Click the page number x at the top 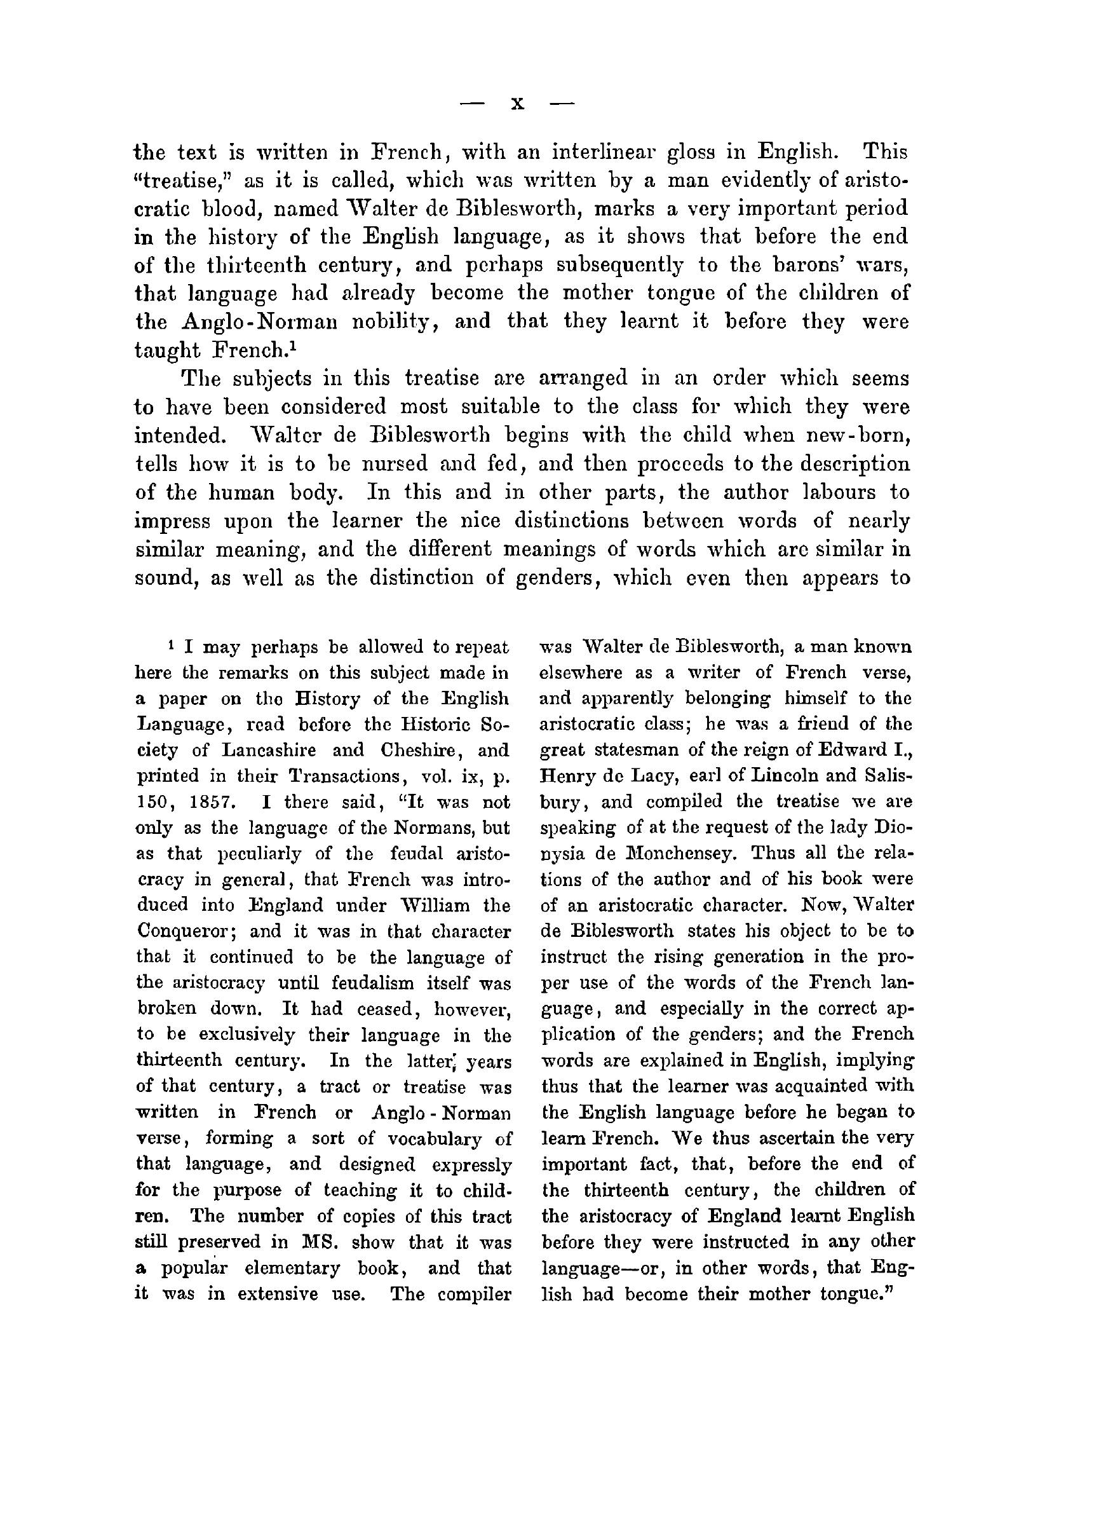(517, 104)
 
